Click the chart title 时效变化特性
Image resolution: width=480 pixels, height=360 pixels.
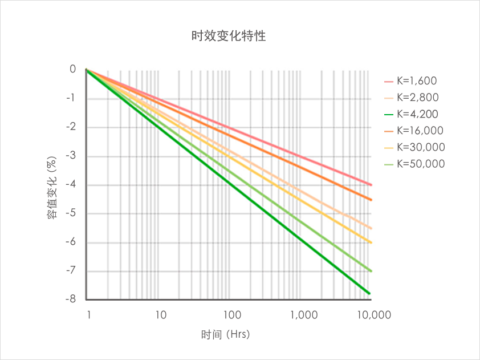tap(229, 37)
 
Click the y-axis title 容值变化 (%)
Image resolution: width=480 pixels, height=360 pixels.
tap(52, 184)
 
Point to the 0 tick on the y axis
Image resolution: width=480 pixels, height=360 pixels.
tap(72, 69)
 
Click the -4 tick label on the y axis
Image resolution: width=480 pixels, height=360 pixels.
tap(70, 184)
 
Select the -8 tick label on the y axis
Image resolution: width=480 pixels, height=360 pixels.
tap(70, 299)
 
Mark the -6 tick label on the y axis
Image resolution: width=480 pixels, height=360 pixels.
tap(70, 242)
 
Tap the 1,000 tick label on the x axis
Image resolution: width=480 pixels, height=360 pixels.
tap(303, 314)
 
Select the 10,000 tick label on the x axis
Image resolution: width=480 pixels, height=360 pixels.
tap(373, 314)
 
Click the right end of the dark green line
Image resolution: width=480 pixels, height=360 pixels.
tap(370, 293)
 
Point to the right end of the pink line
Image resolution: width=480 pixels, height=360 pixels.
tap(371, 185)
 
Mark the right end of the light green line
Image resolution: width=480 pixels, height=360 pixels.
tap(371, 270)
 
